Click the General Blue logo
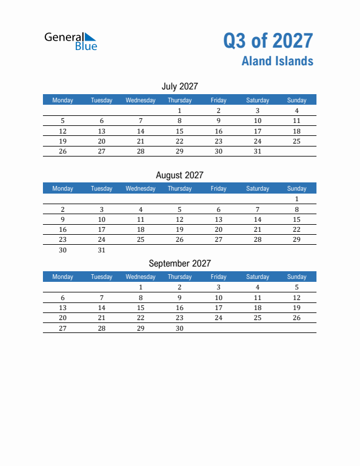(x=71, y=41)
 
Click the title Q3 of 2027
(x=268, y=41)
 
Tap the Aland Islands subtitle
(x=277, y=61)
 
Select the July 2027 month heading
(x=179, y=86)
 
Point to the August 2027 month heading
(x=179, y=175)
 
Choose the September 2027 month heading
(x=179, y=264)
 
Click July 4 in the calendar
(x=296, y=111)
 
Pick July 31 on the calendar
(x=257, y=151)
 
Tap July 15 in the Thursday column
(x=179, y=131)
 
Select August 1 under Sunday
(x=296, y=199)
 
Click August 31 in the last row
(x=102, y=250)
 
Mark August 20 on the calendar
(x=218, y=229)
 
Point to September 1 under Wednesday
(x=141, y=287)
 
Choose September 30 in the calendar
(x=179, y=328)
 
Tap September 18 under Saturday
(x=257, y=308)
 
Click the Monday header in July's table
(x=63, y=100)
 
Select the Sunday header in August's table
(x=296, y=188)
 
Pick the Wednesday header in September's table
(x=141, y=277)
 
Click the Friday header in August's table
(x=218, y=188)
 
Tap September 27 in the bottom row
(x=63, y=328)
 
